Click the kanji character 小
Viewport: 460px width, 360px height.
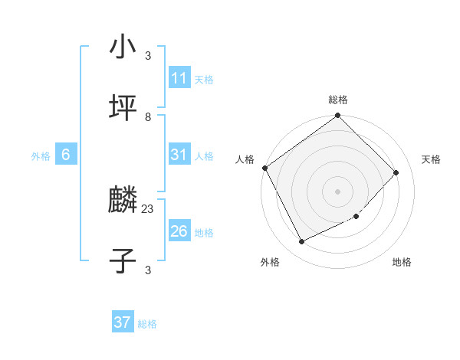[123, 47]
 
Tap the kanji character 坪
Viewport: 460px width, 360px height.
[123, 109]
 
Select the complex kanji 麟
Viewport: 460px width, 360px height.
[123, 201]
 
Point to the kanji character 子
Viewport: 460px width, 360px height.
[123, 261]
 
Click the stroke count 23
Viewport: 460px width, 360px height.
[148, 208]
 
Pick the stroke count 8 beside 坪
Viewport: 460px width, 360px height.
[148, 116]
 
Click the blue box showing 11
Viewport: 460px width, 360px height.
[179, 78]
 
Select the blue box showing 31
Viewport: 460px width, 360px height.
[179, 155]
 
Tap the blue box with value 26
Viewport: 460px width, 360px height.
[179, 231]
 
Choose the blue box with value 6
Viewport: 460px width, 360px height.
[66, 155]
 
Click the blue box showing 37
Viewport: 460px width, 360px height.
[123, 322]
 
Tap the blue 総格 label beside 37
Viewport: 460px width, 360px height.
[147, 324]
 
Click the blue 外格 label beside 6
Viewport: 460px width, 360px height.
[41, 156]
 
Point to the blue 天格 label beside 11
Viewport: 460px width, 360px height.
[204, 80]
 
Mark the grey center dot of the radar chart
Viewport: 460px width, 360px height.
[337, 191]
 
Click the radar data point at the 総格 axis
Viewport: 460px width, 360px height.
[337, 116]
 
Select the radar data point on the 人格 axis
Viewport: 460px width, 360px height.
[264, 168]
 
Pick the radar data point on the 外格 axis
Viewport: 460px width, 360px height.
[301, 242]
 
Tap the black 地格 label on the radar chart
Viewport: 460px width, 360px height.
[402, 262]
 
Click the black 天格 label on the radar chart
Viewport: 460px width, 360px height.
[431, 159]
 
